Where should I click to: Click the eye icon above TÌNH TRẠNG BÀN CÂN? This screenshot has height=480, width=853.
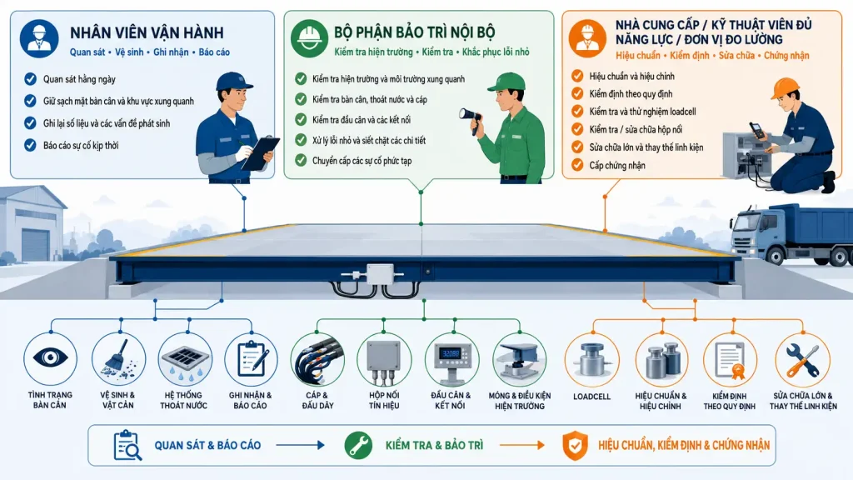tap(50, 357)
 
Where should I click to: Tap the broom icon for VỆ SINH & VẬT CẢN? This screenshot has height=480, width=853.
tap(118, 358)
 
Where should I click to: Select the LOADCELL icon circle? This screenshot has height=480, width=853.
tap(592, 360)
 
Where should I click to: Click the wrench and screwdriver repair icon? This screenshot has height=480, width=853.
tap(802, 360)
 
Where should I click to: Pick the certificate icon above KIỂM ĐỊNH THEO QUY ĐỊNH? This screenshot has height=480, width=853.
tap(730, 360)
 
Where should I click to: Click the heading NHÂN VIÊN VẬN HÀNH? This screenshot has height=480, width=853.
tap(147, 32)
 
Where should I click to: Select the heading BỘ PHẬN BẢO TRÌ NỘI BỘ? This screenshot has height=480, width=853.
tap(415, 32)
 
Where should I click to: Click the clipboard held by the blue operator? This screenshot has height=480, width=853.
tap(260, 153)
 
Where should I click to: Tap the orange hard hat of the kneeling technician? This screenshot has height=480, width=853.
tap(785, 88)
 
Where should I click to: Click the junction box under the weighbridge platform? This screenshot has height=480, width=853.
tap(379, 274)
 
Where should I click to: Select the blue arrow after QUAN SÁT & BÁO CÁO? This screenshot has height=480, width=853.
tap(300, 445)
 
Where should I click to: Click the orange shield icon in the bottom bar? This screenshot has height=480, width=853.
tap(575, 446)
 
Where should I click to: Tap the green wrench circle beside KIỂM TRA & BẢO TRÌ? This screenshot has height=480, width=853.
tap(358, 445)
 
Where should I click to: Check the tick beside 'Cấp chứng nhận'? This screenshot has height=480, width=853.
tap(577, 165)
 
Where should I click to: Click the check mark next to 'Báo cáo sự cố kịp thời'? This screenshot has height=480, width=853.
tap(30, 145)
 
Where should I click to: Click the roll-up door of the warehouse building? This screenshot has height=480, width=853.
tap(34, 245)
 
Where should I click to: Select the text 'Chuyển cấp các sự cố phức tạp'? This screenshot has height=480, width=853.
tap(362, 161)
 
